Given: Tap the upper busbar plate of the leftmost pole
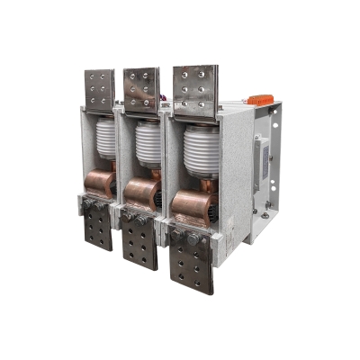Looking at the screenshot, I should tap(100, 89).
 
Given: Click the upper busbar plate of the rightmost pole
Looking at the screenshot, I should tap(194, 85).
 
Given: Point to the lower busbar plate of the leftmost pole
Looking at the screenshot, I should tap(98, 231).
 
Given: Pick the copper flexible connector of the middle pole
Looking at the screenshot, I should tap(141, 193).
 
